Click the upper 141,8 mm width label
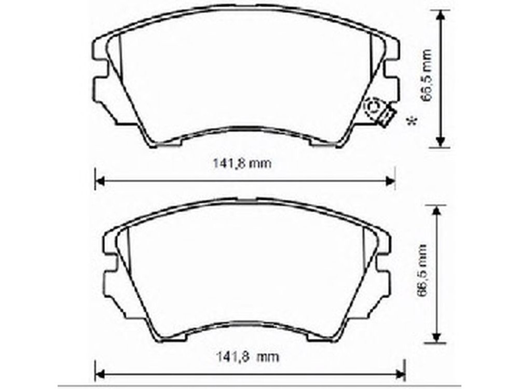(242, 163)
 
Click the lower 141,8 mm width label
(248, 357)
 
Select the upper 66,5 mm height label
(426, 76)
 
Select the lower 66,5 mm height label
(422, 271)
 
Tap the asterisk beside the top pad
(412, 121)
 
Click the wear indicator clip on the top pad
(387, 117)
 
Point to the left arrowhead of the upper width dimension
(100, 181)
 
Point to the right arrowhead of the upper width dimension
(391, 181)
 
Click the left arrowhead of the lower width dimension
(100, 375)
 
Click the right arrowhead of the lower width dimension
(401, 375)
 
